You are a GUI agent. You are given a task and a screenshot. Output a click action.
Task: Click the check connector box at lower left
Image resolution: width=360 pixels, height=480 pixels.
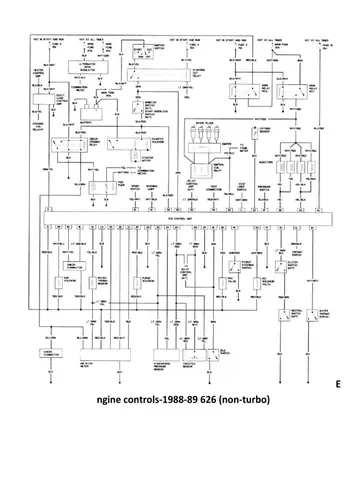pos(50,352)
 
